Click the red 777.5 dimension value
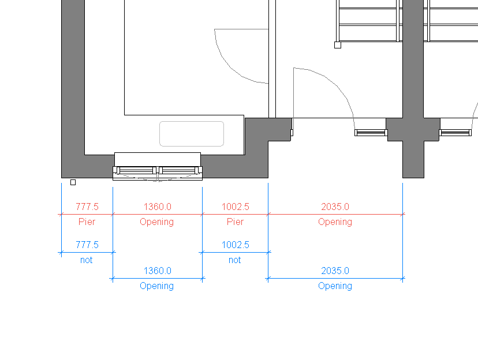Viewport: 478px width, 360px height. coord(87,207)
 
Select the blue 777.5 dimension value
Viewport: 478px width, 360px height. coord(87,245)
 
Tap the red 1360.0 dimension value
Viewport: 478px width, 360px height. coord(158,207)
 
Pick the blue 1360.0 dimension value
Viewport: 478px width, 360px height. coord(158,271)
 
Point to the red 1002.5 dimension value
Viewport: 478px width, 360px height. coord(236,207)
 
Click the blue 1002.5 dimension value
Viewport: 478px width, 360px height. coord(236,245)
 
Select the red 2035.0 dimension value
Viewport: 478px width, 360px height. coord(335,207)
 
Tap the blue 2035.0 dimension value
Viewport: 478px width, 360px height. coord(335,271)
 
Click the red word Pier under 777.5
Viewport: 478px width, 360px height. coord(87,222)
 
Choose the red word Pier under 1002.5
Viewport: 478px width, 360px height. coord(235,222)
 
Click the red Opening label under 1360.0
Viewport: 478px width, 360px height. coord(156,222)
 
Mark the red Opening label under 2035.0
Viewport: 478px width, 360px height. coord(335,222)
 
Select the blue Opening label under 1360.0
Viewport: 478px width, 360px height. coord(156,286)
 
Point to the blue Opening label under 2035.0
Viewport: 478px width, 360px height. coord(335,286)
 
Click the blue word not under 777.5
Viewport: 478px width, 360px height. coord(86,260)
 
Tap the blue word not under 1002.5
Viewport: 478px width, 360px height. coord(235,260)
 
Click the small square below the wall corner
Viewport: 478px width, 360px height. coord(73,182)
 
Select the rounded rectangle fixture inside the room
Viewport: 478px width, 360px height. coord(192,134)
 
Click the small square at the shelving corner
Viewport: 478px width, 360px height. coord(338,45)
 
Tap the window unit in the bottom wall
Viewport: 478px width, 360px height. coord(158,173)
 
